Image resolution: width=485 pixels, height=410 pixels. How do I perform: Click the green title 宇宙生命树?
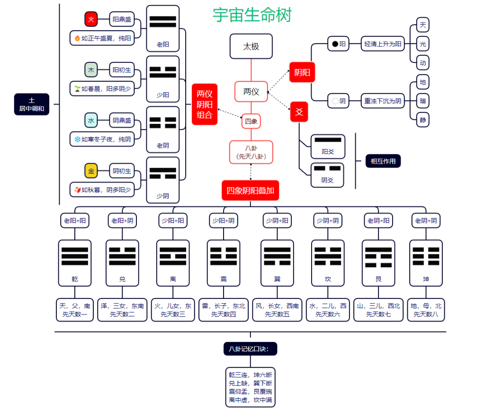[x=252, y=15]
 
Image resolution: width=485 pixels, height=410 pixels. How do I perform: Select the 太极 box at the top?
[x=251, y=46]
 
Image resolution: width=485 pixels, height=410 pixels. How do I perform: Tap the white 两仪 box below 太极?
[x=251, y=91]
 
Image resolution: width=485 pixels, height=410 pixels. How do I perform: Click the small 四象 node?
[x=251, y=121]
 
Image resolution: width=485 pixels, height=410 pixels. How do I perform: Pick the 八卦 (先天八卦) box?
[x=251, y=152]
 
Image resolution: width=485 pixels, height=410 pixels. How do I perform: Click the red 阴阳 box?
[x=302, y=72]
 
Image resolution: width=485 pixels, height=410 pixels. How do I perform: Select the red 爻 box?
[x=299, y=112]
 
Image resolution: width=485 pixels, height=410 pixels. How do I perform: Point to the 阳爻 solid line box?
[x=328, y=146]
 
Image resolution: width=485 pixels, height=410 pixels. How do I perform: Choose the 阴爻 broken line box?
[x=328, y=174]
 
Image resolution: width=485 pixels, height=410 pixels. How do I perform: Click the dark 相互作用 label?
[x=383, y=161]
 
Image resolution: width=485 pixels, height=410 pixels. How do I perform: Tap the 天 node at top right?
[x=422, y=24]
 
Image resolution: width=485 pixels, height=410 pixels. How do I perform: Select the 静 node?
[x=422, y=120]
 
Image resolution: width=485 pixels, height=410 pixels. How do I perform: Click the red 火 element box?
[x=91, y=19]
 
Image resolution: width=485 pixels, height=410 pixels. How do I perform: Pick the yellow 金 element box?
[x=91, y=171]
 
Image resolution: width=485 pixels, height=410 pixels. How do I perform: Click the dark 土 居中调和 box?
[x=32, y=104]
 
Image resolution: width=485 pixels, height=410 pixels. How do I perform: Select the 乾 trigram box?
[x=75, y=262]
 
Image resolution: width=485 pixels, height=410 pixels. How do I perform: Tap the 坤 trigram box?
[x=426, y=262]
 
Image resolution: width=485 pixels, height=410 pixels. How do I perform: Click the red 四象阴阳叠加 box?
[x=251, y=191]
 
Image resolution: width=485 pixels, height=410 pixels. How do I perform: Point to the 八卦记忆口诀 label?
[x=250, y=349]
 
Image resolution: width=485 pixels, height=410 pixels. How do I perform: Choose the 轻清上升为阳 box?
[x=383, y=44]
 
